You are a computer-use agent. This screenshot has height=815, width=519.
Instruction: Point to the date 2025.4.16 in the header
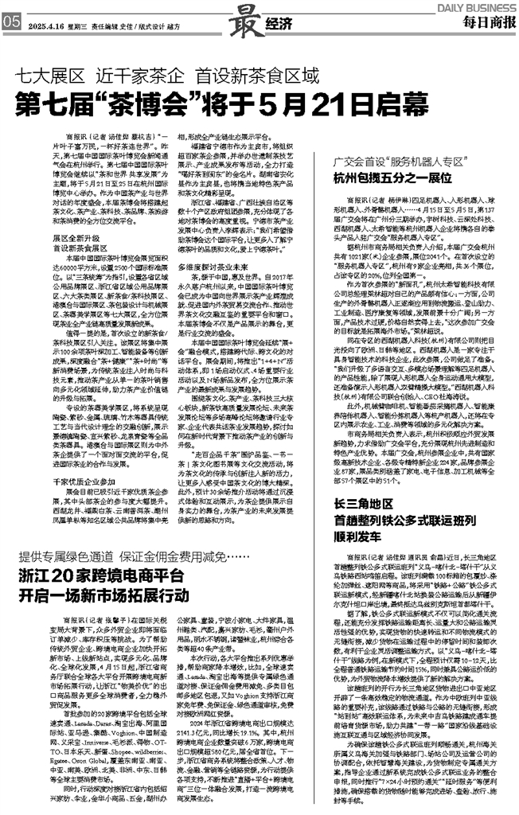tap(44, 25)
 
